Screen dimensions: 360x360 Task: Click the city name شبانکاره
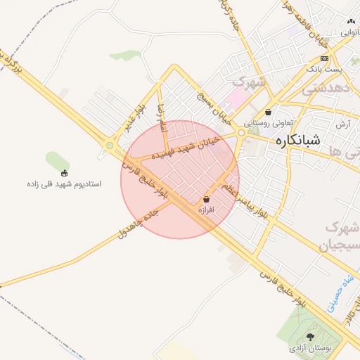pyautogui.click(x=293, y=139)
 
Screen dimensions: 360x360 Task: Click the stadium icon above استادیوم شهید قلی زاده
pyautogui.click(x=65, y=173)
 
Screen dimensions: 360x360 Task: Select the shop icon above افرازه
pyautogui.click(x=205, y=199)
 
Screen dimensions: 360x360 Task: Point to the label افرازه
pyautogui.click(x=205, y=210)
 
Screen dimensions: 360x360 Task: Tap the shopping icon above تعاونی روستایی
pyautogui.click(x=269, y=112)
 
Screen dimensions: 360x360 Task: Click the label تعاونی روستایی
pyautogui.click(x=268, y=122)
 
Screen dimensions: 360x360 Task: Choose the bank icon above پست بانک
pyautogui.click(x=323, y=58)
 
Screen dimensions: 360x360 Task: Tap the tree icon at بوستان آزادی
pyautogui.click(x=311, y=337)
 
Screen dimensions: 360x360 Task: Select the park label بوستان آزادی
pyautogui.click(x=310, y=348)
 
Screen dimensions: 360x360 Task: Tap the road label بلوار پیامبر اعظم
pyautogui.click(x=245, y=199)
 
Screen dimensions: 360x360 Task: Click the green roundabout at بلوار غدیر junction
pyautogui.click(x=110, y=146)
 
